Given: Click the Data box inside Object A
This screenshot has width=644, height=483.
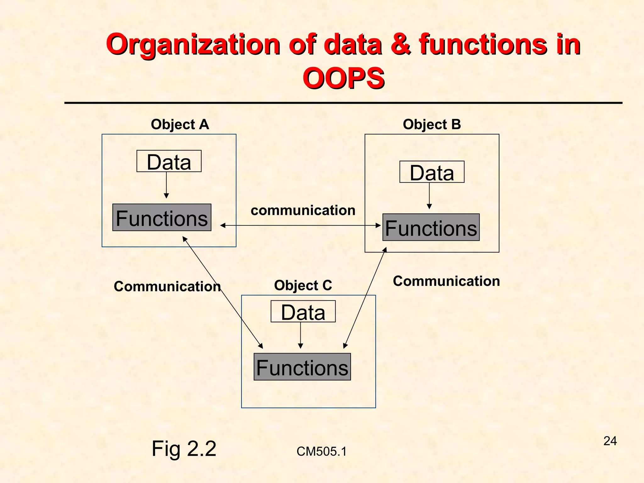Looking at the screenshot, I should tap(169, 161).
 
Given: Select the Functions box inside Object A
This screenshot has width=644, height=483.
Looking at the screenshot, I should tap(162, 218).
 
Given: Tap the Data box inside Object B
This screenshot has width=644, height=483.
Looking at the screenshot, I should tap(432, 172).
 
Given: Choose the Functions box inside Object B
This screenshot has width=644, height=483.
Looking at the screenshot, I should tap(431, 227).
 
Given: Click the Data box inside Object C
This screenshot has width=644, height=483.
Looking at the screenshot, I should tap(303, 312).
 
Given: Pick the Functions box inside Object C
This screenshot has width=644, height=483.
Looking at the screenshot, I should tap(302, 367).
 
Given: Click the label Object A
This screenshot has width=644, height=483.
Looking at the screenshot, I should tap(180, 125).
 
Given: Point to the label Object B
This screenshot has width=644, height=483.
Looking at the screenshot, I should tap(432, 125).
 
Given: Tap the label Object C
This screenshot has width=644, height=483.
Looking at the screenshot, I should tap(303, 286).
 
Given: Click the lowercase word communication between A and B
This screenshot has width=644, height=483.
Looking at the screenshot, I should tap(303, 210).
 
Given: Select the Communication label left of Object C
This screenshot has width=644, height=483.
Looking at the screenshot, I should tap(167, 286).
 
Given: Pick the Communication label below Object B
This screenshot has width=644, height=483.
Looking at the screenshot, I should tap(446, 281).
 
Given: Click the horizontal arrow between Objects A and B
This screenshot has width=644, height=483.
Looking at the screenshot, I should tap(300, 225).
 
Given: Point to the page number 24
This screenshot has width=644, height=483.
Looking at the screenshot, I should tap(610, 441).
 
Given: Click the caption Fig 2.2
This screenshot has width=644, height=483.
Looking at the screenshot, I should tap(184, 449).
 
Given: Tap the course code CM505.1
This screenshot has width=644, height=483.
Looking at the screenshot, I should tap(321, 452).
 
